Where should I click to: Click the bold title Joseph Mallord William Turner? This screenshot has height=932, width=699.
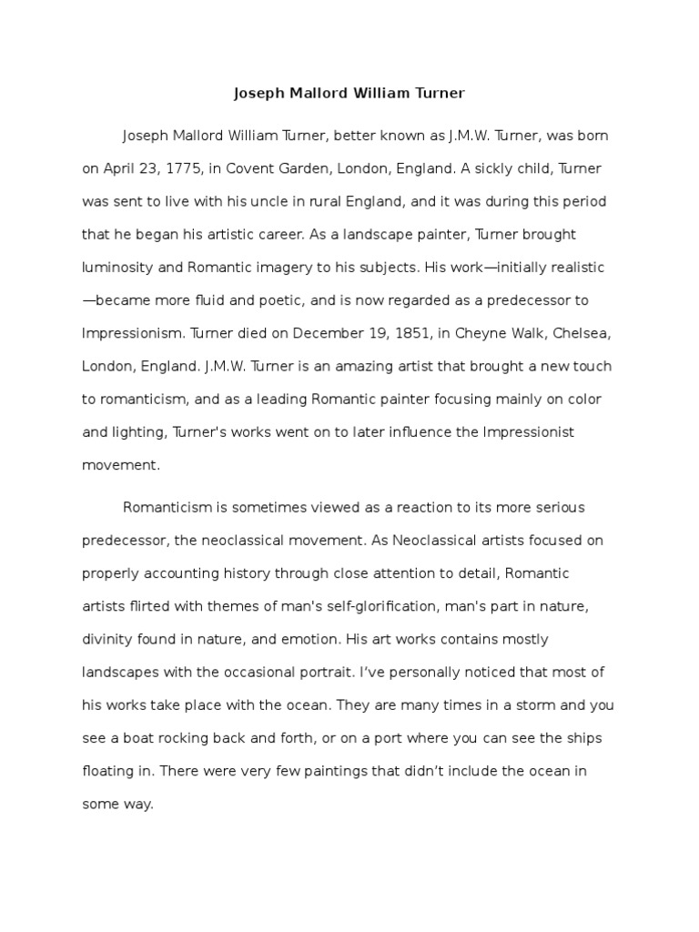pyautogui.click(x=350, y=93)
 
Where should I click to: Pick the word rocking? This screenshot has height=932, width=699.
pyautogui.click(x=187, y=738)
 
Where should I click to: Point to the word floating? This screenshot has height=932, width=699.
pyautogui.click(x=109, y=772)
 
